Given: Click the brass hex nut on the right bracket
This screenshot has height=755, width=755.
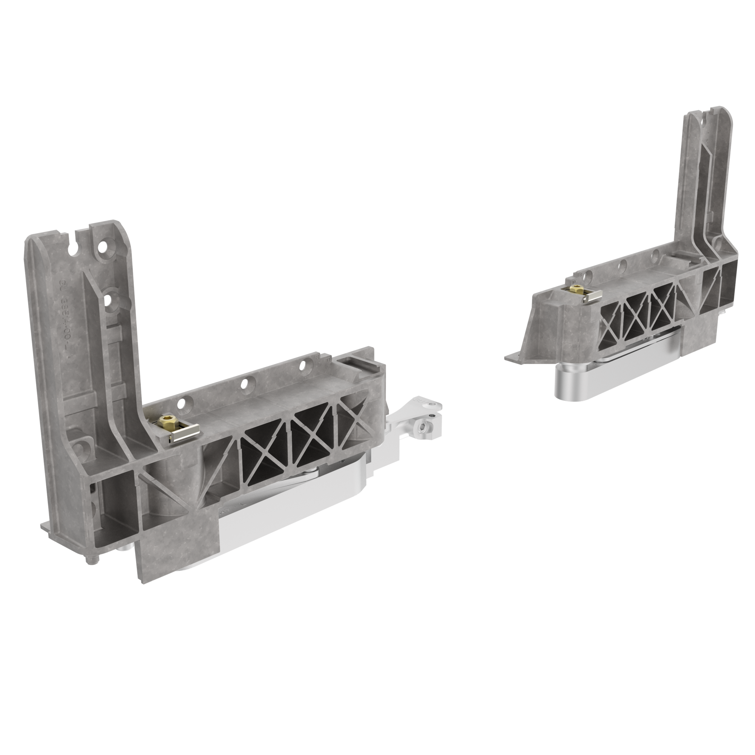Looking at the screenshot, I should pyautogui.click(x=575, y=289).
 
